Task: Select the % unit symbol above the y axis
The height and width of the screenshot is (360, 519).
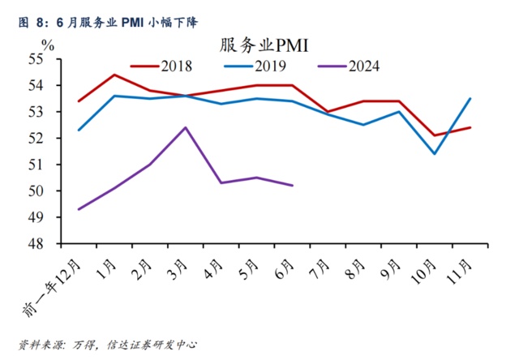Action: pos(48,44)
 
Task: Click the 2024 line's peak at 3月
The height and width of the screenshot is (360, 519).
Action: pos(186,127)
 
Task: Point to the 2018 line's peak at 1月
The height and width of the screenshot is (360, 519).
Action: pos(114,75)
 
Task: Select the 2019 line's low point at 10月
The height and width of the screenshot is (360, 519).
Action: pos(435,154)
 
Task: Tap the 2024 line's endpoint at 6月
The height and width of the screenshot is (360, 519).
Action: pos(292,186)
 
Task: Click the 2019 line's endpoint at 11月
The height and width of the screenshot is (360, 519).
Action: pos(471,99)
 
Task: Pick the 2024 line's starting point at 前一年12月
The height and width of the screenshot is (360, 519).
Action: pos(79,209)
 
